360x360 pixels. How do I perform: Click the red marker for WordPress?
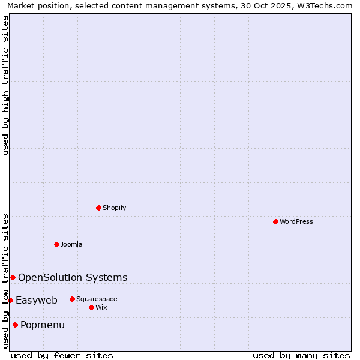275,221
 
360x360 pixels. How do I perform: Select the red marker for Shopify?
98,208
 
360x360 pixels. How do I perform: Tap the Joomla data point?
56,244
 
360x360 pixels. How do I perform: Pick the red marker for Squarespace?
72,299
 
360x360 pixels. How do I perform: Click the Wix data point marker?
91,307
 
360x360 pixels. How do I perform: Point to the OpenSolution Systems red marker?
13,277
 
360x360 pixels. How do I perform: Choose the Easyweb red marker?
10,300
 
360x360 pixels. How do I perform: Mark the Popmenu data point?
15,325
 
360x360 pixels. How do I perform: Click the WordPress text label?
296,221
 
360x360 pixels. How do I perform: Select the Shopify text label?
115,208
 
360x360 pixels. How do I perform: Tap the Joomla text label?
71,244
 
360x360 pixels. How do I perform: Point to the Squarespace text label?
97,299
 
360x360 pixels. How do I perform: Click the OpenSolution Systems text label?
73,277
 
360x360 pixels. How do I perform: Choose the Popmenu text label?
43,325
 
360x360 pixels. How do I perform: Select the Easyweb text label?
37,300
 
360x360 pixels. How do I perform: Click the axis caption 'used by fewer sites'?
62,355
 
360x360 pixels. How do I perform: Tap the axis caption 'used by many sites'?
301,355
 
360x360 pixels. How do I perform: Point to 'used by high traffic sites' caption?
5,85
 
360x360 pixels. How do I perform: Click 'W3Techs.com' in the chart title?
324,5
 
